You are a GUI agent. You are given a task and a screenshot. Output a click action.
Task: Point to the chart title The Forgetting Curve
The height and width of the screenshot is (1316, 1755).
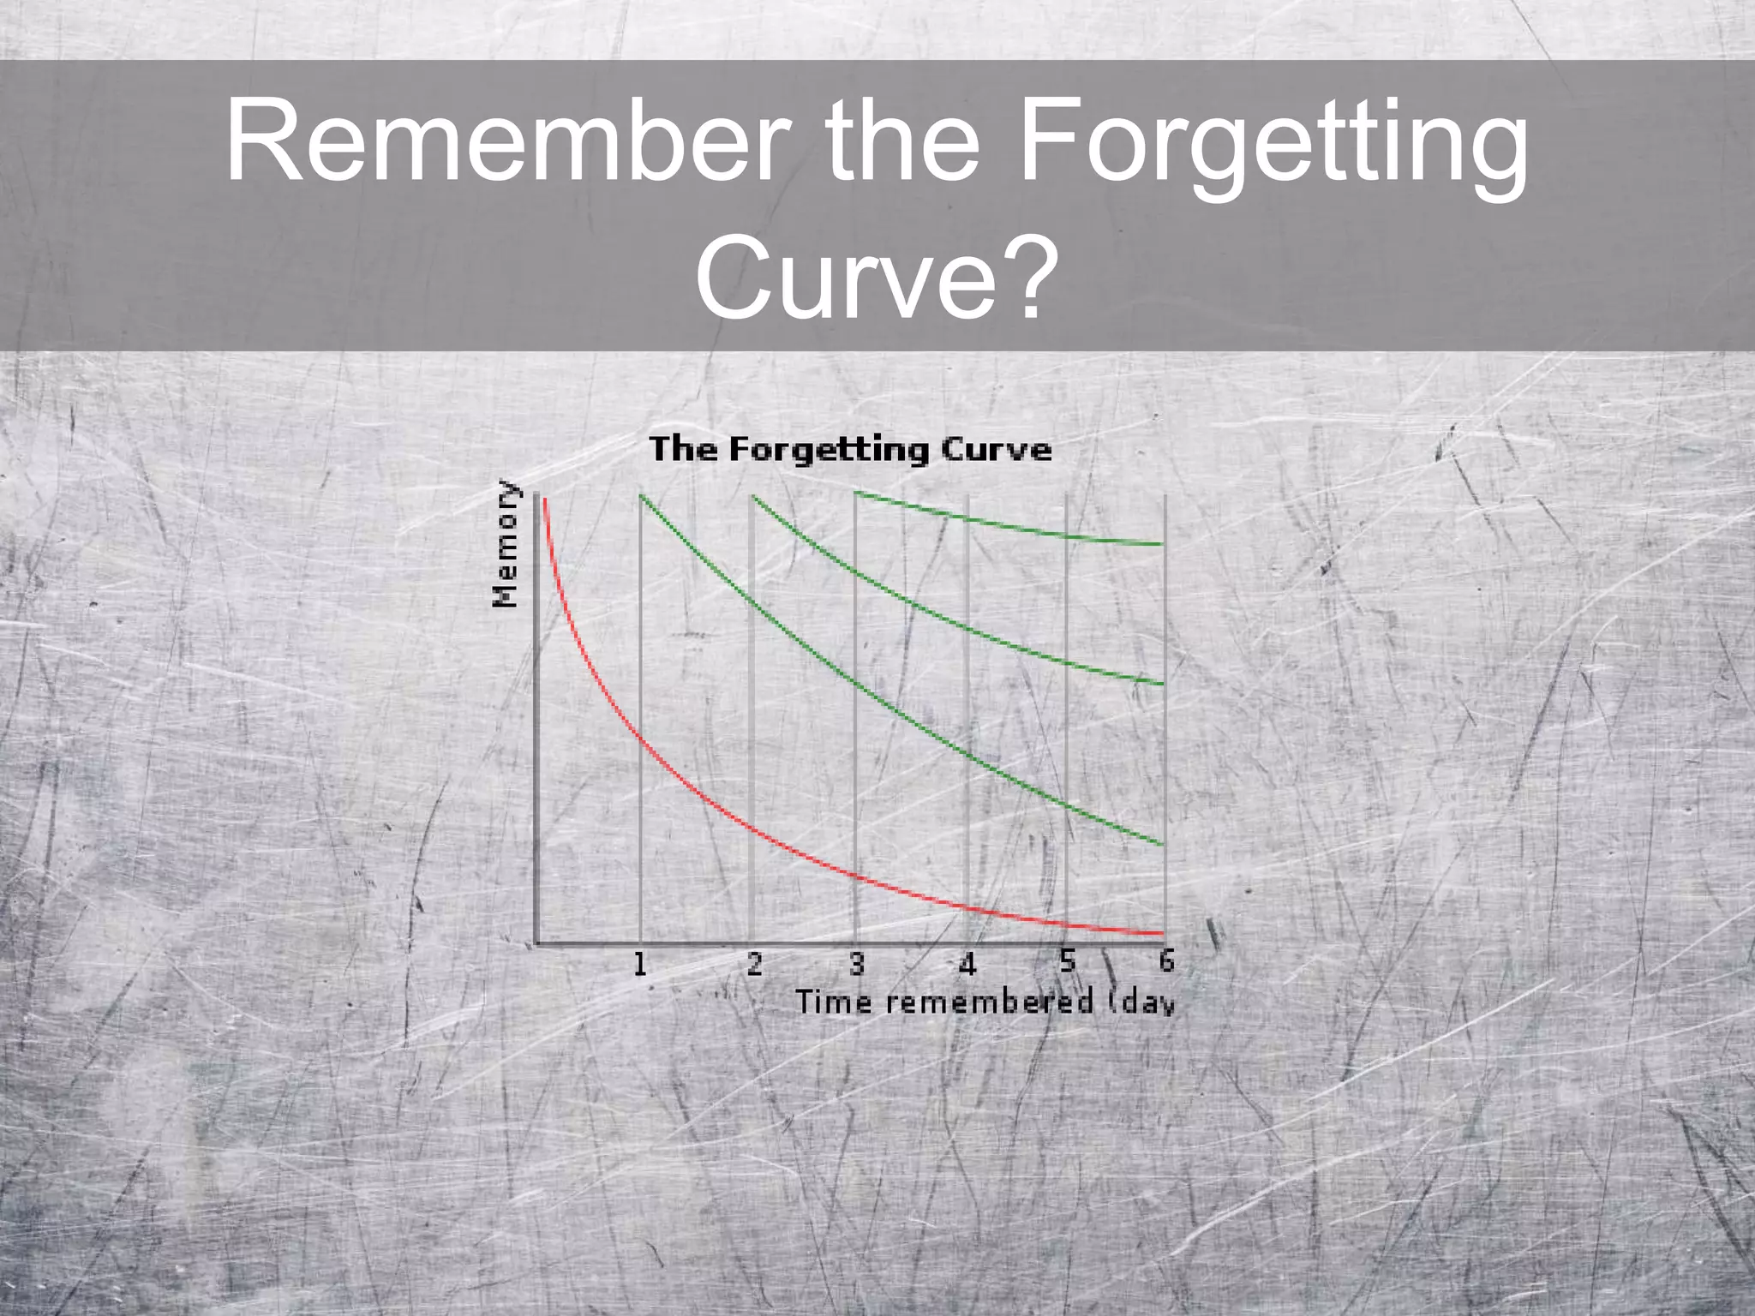pyautogui.click(x=850, y=450)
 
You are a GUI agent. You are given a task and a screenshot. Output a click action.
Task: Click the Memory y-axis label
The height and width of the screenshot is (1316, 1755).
pyautogui.click(x=506, y=544)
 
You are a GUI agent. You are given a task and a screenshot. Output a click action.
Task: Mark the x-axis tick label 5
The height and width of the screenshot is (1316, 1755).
pyautogui.click(x=1067, y=961)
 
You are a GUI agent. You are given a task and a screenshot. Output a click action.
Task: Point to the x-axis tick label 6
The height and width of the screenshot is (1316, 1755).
pyautogui.click(x=1166, y=960)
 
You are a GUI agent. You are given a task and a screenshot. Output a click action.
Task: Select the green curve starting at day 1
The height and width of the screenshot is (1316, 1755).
pyautogui.click(x=857, y=683)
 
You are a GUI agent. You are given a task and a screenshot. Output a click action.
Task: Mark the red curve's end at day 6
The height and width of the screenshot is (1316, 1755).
pyautogui.click(x=1161, y=932)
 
